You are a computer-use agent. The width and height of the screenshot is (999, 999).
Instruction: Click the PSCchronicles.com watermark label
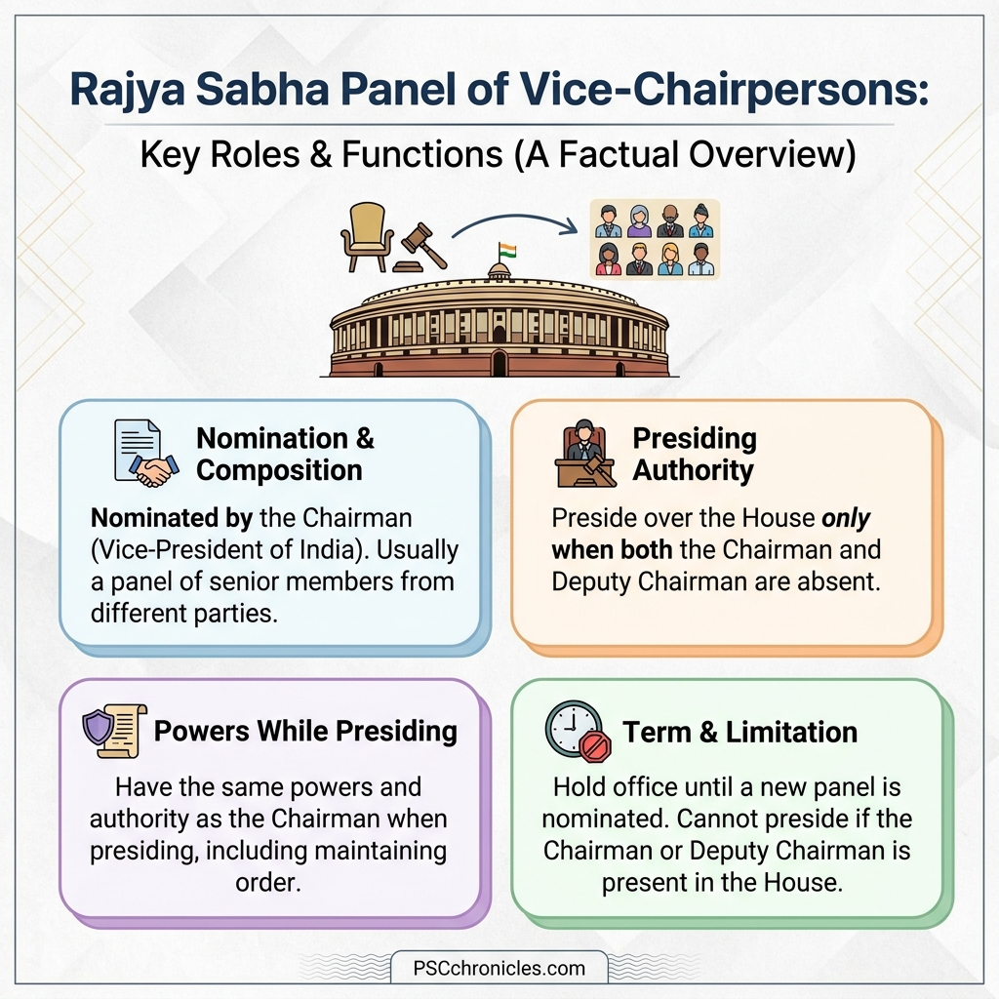tap(499, 969)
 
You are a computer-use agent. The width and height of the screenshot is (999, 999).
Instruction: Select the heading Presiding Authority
tap(694, 454)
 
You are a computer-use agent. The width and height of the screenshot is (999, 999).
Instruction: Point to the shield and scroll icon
tap(115, 732)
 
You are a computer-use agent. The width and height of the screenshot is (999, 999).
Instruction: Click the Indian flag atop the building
tap(505, 250)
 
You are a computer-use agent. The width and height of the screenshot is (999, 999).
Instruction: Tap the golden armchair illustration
tap(366, 236)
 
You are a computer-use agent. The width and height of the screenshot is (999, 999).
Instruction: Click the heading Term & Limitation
tap(740, 732)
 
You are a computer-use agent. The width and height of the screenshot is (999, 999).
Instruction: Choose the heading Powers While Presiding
tap(305, 732)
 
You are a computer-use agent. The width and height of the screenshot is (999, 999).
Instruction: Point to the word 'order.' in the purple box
tap(268, 881)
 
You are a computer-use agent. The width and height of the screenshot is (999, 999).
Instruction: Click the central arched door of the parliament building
tap(499, 365)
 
